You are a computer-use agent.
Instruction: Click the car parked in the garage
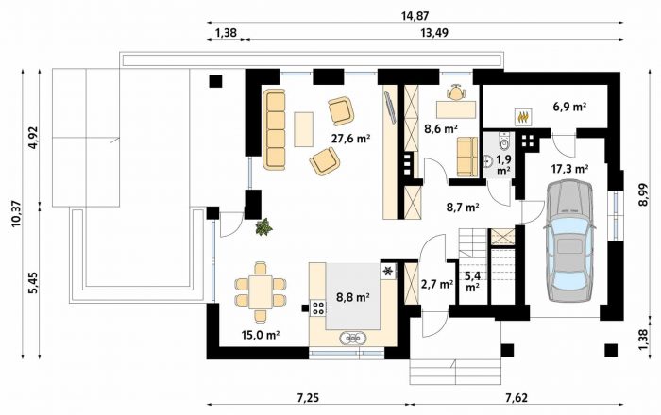click(x=570, y=241)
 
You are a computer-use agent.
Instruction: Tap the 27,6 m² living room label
click(x=350, y=138)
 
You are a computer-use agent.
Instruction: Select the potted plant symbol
click(x=263, y=226)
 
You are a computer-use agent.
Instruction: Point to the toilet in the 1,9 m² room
click(x=504, y=141)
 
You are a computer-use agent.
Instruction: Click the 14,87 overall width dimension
click(x=415, y=16)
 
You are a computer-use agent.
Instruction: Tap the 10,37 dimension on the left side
click(x=17, y=213)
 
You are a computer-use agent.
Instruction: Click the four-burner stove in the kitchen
click(x=317, y=308)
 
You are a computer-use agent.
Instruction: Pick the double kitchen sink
click(x=353, y=338)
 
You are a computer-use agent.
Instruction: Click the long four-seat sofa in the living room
click(x=274, y=129)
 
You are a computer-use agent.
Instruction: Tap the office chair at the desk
click(x=456, y=92)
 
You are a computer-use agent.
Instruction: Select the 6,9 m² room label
click(x=569, y=107)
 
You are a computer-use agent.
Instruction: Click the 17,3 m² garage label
click(x=570, y=169)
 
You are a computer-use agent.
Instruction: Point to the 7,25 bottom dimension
click(x=307, y=397)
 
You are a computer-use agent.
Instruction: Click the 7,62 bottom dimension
click(x=516, y=397)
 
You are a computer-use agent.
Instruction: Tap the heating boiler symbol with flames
click(x=523, y=116)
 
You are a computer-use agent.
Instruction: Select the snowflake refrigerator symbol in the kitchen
click(x=387, y=271)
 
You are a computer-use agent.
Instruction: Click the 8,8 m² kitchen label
click(x=353, y=297)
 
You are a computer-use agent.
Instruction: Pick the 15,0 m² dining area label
click(x=261, y=335)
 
